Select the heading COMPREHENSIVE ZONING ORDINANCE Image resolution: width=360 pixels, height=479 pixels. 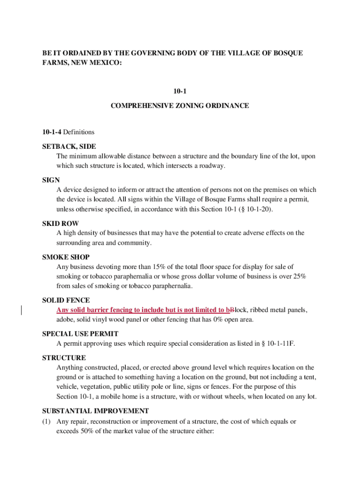coord(180,106)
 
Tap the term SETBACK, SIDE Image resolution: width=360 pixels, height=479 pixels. coord(69,146)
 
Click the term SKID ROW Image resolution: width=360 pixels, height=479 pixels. coord(60,223)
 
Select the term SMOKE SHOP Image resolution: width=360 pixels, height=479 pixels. coord(66,257)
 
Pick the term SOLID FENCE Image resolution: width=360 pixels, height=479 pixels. coord(66,300)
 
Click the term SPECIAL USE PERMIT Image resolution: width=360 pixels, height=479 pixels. coord(80,334)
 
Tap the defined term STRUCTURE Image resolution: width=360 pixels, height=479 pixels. coord(64,358)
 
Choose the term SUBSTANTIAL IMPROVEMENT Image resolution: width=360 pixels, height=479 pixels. coord(95,411)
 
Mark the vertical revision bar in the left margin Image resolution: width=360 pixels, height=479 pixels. coord(21,310)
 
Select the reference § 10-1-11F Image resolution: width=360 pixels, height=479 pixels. coord(275,343)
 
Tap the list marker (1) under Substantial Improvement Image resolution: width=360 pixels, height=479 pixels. coord(46,421)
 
